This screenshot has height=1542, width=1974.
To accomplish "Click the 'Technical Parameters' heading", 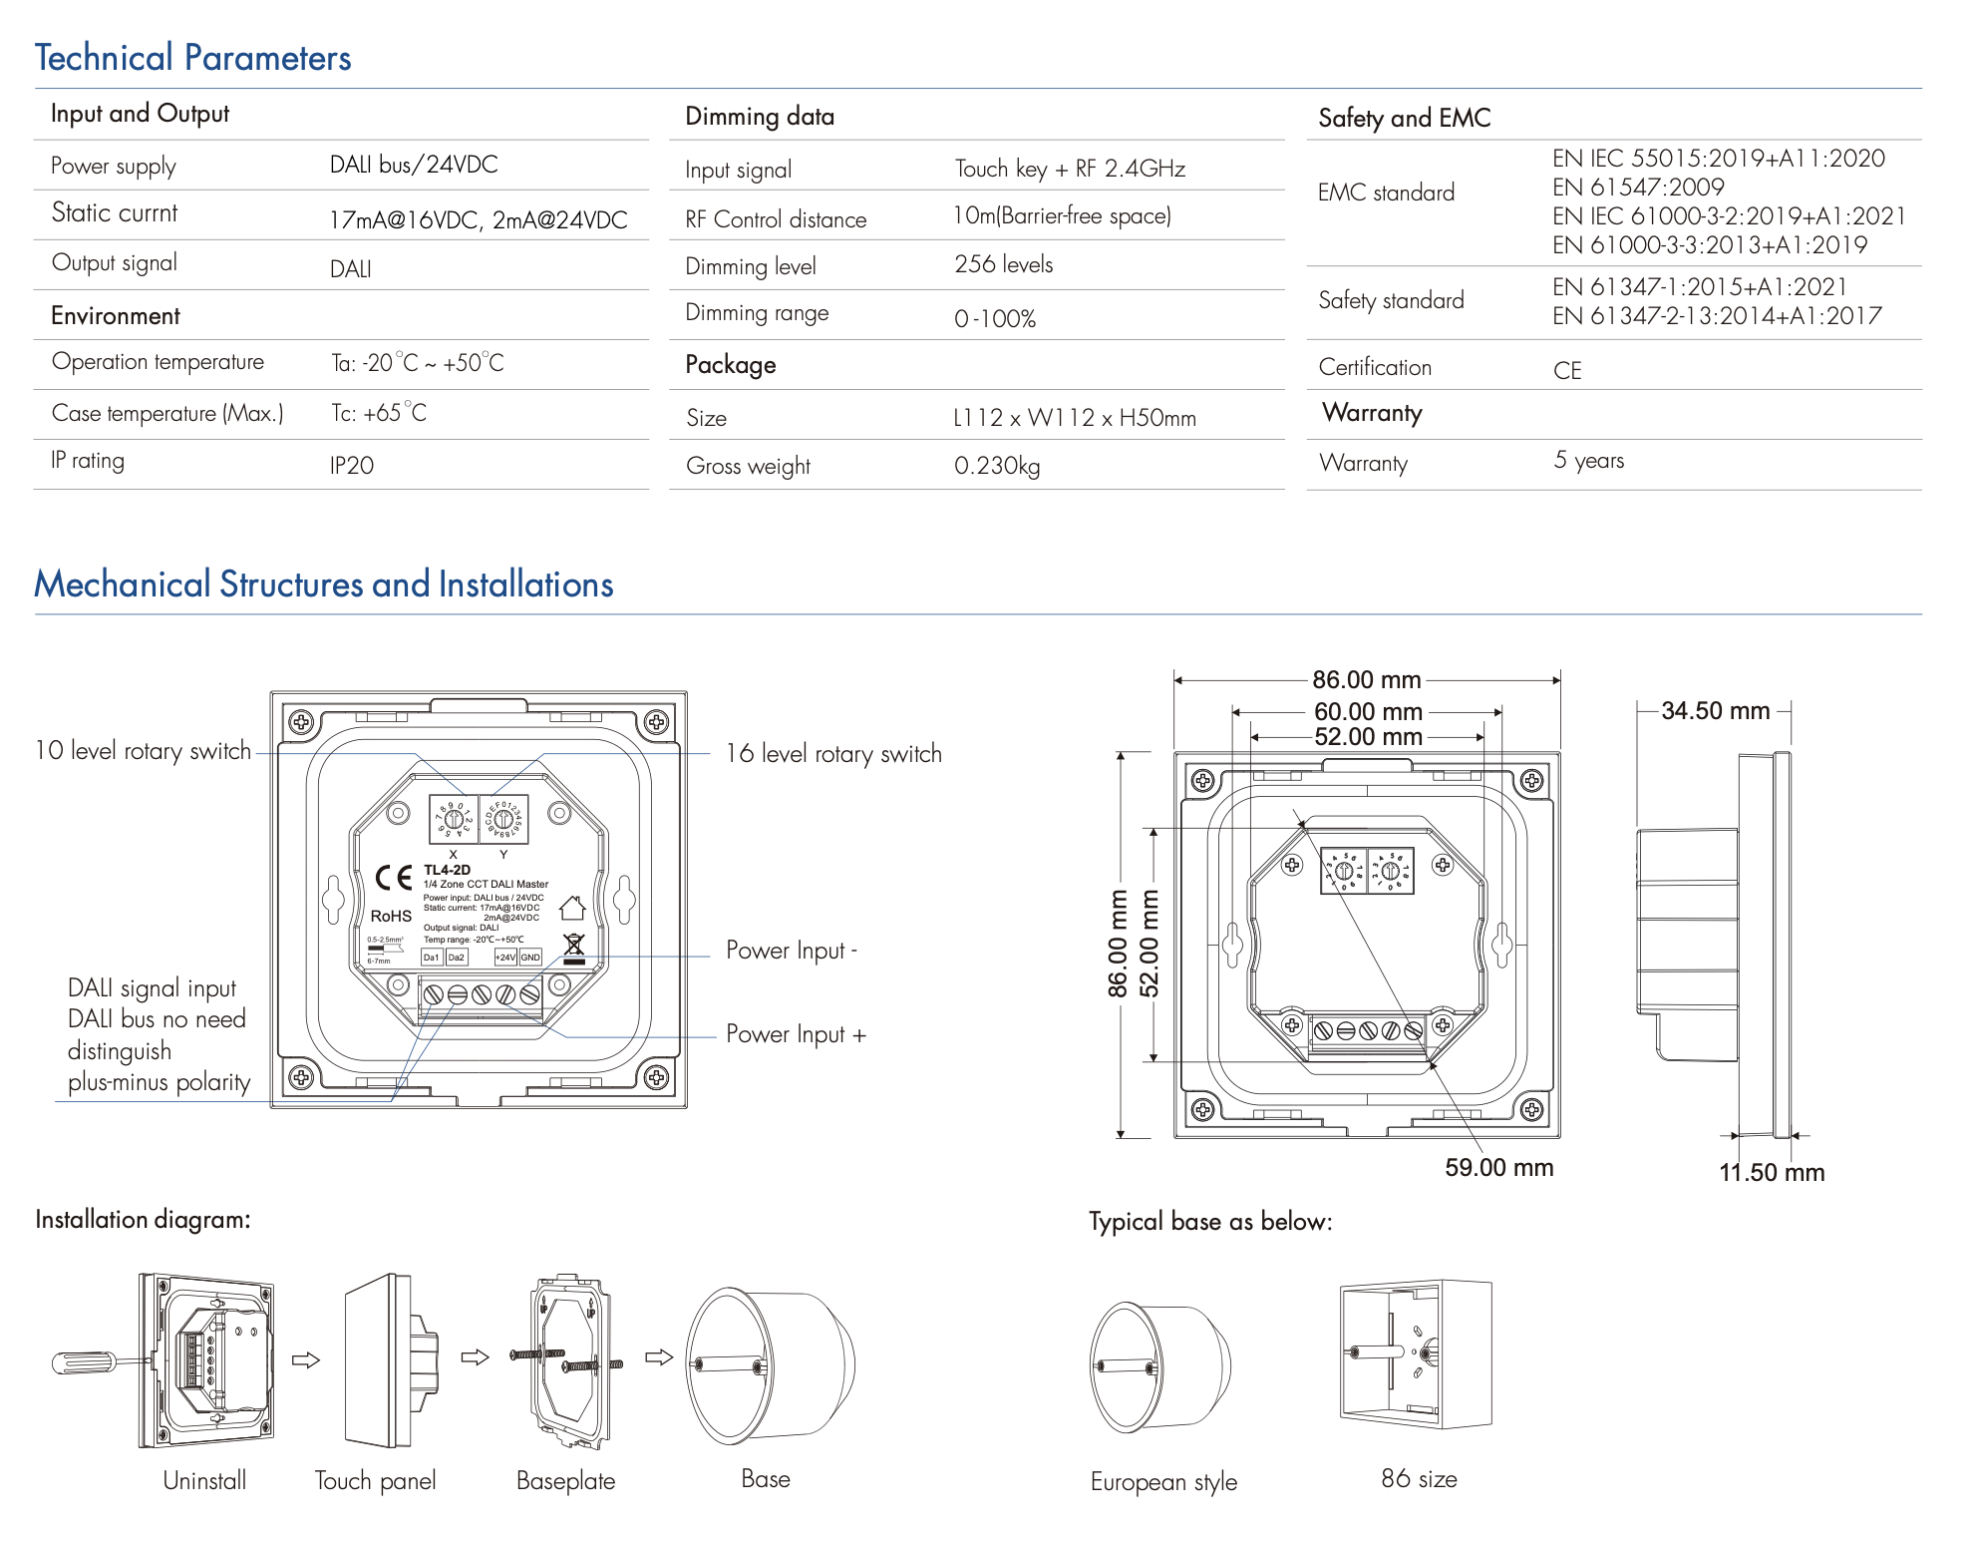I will coord(192,58).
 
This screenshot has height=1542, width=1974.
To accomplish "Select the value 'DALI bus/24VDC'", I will coord(414,165).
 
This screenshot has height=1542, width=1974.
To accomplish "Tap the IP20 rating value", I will coord(352,466).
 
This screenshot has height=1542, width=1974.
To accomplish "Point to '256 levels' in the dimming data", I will coord(1003,264).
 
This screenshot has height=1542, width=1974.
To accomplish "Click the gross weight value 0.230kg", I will coord(996,466).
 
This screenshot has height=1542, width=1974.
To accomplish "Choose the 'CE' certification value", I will coord(1567,371).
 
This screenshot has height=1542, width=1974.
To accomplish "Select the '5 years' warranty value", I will coord(1588,461).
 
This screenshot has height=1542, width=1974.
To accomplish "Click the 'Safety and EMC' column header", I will coord(1404,118).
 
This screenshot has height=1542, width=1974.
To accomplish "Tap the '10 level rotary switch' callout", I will coord(143,751).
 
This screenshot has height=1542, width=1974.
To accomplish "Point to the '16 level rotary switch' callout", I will coord(833,754).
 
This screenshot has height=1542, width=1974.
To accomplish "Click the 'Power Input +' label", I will coord(796,1034).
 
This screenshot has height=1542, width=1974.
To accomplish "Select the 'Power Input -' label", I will coord(792,951).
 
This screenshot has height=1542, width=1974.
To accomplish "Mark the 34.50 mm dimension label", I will coord(1715,711).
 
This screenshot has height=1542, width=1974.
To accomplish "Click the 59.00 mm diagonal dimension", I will coord(1498,1167).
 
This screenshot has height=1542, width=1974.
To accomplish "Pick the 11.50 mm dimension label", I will coord(1771,1172).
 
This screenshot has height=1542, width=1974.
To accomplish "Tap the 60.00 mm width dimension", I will coord(1368,711).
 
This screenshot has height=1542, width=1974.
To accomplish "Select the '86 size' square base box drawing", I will coord(1416,1353).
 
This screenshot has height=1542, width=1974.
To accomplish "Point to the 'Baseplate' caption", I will coord(565,1481).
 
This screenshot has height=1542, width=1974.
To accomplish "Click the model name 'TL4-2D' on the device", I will coord(447,870).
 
